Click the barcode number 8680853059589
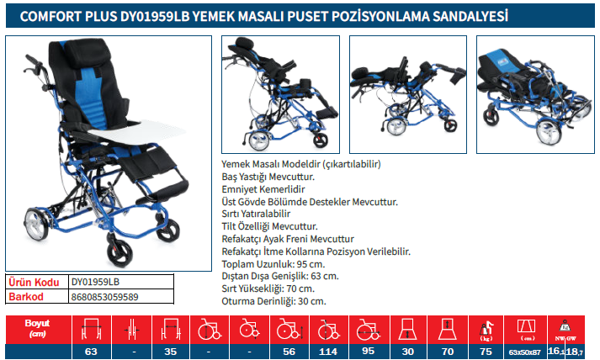(x=105, y=297)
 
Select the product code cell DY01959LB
(x=95, y=282)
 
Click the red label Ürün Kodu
(x=34, y=283)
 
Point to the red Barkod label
(x=25, y=297)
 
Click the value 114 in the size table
(x=328, y=352)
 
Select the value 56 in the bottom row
(x=289, y=352)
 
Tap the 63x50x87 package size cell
(x=524, y=352)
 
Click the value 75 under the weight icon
(x=486, y=352)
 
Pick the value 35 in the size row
(x=170, y=352)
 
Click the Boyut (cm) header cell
(x=38, y=329)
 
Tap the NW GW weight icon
(x=566, y=330)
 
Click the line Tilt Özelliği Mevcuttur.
(x=270, y=226)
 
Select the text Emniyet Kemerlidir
(x=263, y=189)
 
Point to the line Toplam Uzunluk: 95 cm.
(x=273, y=264)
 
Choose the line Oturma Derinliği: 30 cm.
(x=274, y=301)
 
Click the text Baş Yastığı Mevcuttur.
(x=268, y=177)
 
